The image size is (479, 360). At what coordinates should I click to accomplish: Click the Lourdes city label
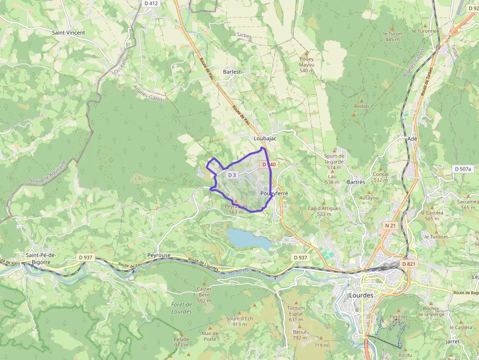[361, 296]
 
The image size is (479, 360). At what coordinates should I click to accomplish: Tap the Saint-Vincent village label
[68, 33]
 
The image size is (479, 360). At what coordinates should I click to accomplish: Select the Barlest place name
[232, 72]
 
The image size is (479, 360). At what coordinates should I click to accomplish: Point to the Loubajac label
[265, 139]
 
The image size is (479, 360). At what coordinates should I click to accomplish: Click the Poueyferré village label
[274, 193]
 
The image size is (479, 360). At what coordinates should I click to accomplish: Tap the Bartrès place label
[355, 182]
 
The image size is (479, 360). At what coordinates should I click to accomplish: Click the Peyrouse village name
[159, 255]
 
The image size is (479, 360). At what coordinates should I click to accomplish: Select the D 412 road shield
[152, 3]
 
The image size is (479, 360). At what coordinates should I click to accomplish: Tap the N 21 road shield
[390, 226]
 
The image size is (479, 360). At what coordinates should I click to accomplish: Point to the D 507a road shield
[463, 169]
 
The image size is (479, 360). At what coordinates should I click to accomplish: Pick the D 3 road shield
[232, 175]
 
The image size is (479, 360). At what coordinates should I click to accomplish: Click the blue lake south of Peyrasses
[247, 238]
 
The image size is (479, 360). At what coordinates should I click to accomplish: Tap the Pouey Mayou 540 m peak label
[306, 64]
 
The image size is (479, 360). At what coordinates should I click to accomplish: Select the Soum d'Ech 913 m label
[239, 321]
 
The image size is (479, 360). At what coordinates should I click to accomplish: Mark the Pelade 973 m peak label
[181, 342]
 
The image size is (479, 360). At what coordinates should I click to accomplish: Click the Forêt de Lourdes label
[181, 308]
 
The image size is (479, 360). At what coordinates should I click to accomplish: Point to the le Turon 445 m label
[392, 36]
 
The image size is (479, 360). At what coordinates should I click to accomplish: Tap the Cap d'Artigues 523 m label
[324, 211]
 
